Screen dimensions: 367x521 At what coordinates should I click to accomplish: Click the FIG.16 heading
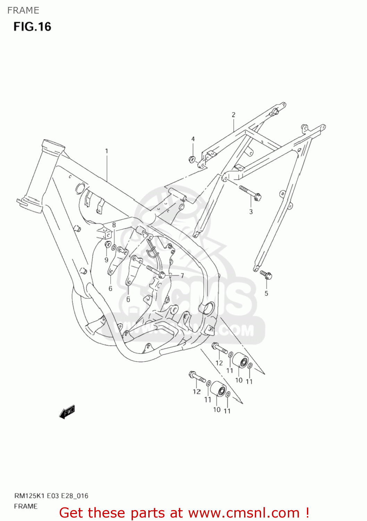32,27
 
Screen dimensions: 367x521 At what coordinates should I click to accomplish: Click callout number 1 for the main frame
107,151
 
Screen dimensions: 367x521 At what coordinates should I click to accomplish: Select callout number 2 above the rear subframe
233,115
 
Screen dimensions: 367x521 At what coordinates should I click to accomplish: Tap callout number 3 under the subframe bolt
251,212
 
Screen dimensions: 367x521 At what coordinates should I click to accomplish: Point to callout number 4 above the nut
193,139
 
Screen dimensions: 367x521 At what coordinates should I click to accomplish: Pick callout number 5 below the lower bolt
266,293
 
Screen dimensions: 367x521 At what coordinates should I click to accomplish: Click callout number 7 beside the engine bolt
182,276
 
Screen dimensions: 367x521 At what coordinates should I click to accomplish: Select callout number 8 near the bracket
114,225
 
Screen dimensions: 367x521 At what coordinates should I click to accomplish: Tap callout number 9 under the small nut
106,260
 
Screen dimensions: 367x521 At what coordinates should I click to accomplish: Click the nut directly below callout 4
191,160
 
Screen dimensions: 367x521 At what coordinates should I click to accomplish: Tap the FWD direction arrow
67,412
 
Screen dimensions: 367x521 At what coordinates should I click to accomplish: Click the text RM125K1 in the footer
29,496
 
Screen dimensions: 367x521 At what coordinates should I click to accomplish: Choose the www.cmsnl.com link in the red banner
244,513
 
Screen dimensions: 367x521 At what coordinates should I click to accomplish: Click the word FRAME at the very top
23,10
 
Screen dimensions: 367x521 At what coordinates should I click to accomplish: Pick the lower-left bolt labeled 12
197,378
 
